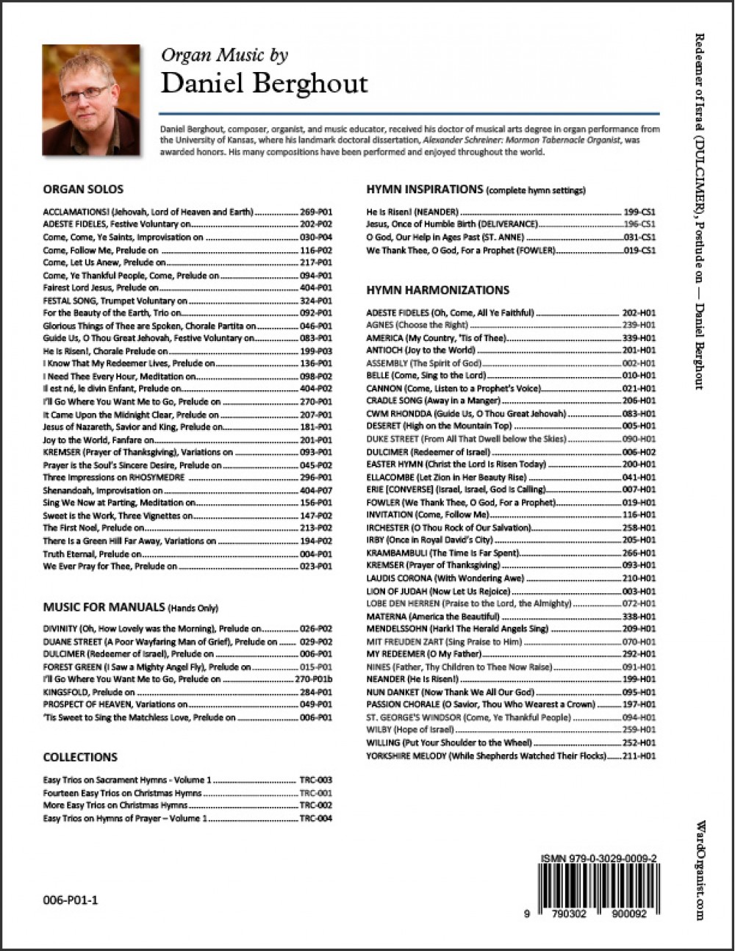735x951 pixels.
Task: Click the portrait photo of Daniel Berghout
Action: (x=90, y=100)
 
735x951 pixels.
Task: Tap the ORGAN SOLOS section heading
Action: (x=83, y=189)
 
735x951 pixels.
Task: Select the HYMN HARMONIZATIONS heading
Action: (x=437, y=290)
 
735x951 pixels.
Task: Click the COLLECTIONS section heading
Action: (x=80, y=757)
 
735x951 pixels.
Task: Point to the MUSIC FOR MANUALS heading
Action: (x=104, y=607)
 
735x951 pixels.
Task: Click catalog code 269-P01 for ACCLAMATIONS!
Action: (x=316, y=212)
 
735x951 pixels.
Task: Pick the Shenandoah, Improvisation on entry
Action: (x=103, y=490)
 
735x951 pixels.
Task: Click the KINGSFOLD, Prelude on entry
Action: (x=89, y=692)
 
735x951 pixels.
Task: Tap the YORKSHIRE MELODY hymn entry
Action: (x=486, y=756)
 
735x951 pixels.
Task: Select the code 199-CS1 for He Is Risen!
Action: (x=639, y=212)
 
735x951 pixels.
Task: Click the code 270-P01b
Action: (x=314, y=680)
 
